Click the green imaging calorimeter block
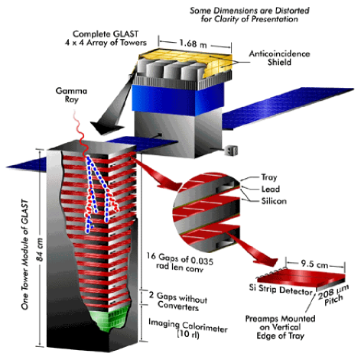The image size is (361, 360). pos(110,316)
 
